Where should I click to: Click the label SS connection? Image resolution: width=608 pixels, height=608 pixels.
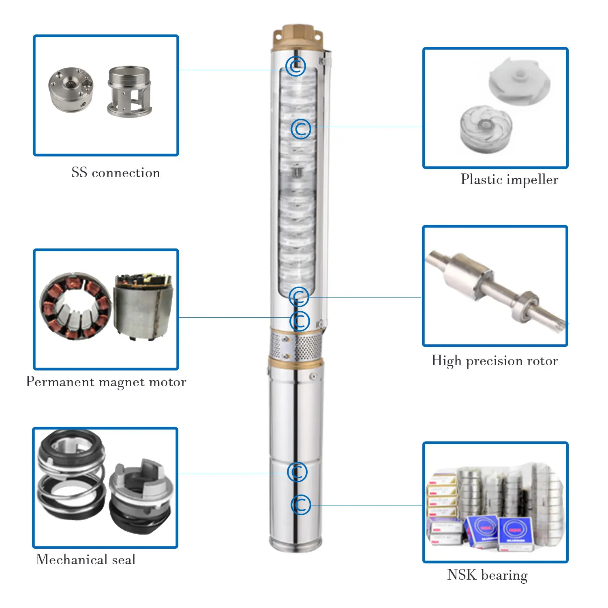[x=116, y=173]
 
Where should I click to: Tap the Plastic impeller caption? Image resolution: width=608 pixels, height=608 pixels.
[x=509, y=180]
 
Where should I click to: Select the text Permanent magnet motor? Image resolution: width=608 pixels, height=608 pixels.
[x=106, y=382]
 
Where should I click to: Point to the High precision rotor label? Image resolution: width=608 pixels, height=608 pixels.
[x=495, y=361]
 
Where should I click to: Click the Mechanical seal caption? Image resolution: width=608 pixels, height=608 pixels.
[x=86, y=560]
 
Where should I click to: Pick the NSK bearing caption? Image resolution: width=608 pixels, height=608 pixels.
[x=487, y=575]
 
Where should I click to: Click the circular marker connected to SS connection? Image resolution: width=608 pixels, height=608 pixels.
[x=295, y=66]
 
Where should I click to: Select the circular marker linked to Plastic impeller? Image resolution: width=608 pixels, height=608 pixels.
[x=301, y=129]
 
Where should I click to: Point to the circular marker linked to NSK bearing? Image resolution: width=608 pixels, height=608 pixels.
[x=301, y=505]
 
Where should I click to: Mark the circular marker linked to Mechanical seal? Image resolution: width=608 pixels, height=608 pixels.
[x=297, y=472]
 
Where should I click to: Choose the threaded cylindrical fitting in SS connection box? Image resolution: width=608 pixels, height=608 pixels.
[x=130, y=92]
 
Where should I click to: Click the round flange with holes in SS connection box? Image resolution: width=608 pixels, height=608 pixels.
[x=71, y=90]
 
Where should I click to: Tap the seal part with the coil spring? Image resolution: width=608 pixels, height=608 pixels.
[x=71, y=474]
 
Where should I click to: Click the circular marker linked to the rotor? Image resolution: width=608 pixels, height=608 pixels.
[x=299, y=297]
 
